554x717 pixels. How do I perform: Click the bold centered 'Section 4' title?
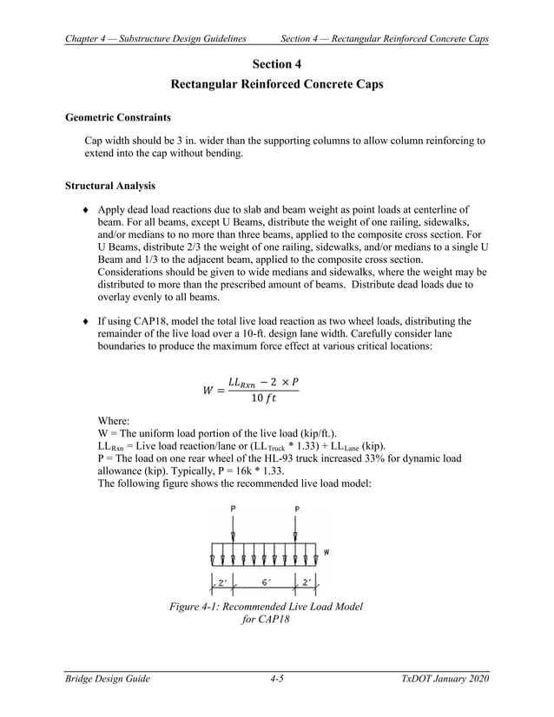pyautogui.click(x=276, y=64)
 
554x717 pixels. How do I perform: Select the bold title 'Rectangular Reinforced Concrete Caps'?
pyautogui.click(x=276, y=85)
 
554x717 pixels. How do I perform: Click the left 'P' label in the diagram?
pyautogui.click(x=233, y=509)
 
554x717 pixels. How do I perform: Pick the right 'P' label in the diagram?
pyautogui.click(x=297, y=509)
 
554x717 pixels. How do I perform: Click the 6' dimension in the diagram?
pyautogui.click(x=265, y=582)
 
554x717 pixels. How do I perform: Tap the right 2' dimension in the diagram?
pyautogui.click(x=307, y=582)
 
